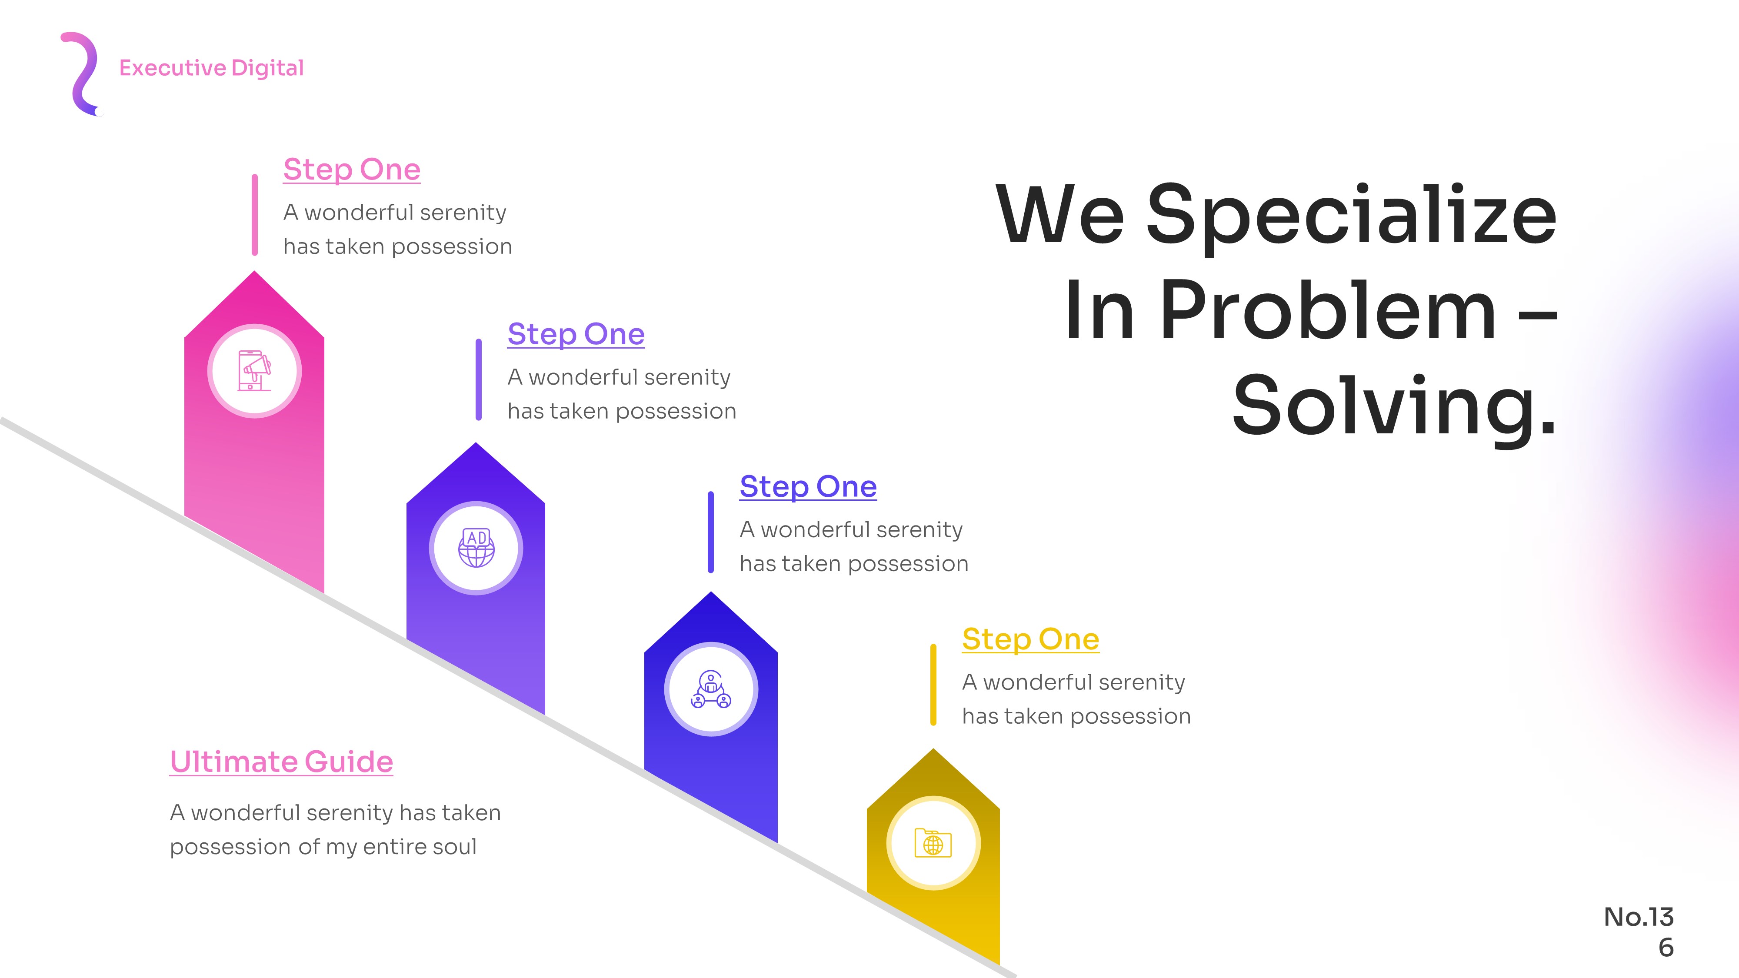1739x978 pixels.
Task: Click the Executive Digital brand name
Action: (x=211, y=68)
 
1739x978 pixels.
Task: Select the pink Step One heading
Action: (x=352, y=170)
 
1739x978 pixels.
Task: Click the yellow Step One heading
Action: (x=1030, y=639)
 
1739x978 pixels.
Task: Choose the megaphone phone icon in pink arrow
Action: (x=254, y=371)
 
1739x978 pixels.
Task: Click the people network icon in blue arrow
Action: (x=711, y=689)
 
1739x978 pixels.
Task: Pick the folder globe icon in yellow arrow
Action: (x=933, y=843)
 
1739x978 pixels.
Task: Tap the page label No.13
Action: (x=1639, y=917)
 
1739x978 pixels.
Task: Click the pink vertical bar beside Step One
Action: (x=254, y=215)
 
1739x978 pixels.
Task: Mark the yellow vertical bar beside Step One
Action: (x=933, y=685)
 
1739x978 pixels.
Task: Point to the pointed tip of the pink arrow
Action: (x=254, y=271)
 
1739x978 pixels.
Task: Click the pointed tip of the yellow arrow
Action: (x=933, y=748)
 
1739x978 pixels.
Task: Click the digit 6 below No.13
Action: (x=1666, y=948)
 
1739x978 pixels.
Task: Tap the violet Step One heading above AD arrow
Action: (x=576, y=334)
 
